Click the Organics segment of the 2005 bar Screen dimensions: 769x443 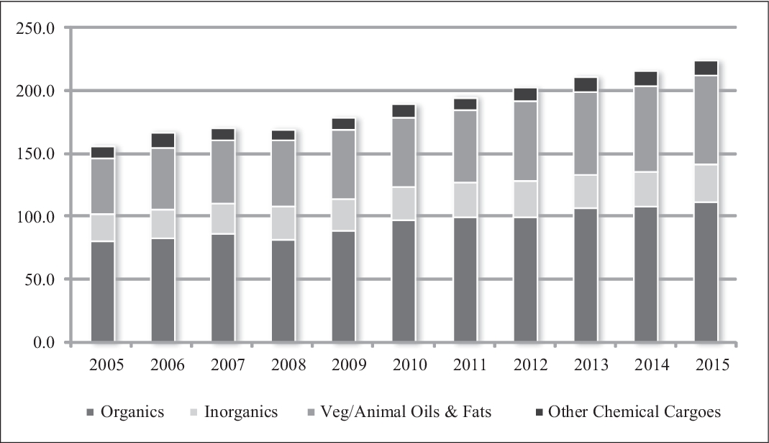[x=102, y=291]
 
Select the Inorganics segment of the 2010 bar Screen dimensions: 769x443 [x=404, y=203]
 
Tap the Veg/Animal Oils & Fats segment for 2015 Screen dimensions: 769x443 [x=706, y=120]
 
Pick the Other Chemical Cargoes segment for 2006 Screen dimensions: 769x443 [x=163, y=140]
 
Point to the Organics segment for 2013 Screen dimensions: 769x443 [x=586, y=275]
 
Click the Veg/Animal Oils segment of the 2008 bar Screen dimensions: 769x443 [x=283, y=174]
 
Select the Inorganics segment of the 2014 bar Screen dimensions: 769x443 [x=645, y=189]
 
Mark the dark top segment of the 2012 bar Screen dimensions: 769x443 [x=525, y=94]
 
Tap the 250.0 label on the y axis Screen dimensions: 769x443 [x=35, y=28]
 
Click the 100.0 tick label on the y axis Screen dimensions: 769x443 [x=35, y=217]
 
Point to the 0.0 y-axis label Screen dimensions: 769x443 [x=44, y=342]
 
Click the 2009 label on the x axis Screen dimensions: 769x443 [x=349, y=365]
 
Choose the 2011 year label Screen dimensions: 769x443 [x=470, y=365]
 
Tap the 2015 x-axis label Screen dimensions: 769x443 [x=713, y=365]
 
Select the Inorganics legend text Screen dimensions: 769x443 [x=241, y=411]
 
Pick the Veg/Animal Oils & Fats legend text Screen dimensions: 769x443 [x=406, y=411]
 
